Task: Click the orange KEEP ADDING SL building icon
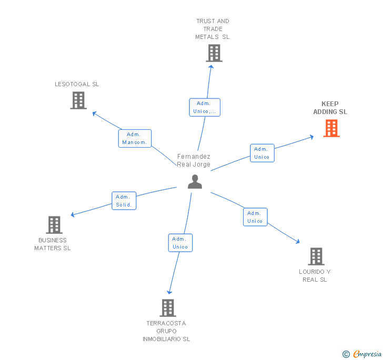[x=331, y=128]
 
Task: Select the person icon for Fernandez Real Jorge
[x=195, y=181]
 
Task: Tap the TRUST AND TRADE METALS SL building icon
[x=214, y=53]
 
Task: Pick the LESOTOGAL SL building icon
[x=78, y=100]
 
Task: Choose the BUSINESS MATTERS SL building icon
[x=54, y=225]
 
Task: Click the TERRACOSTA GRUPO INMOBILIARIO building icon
[x=167, y=308]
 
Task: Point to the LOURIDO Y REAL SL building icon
[x=316, y=256]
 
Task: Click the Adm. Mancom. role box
[x=135, y=138]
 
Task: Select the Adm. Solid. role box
[x=124, y=201]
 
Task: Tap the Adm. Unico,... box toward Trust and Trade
[x=205, y=107]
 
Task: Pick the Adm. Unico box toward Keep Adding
[x=262, y=153]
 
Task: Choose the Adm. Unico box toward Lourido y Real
[x=255, y=217]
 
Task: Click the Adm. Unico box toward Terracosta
[x=180, y=243]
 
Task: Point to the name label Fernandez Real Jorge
[x=194, y=160]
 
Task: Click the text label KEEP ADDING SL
[x=330, y=108]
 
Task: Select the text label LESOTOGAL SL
[x=77, y=84]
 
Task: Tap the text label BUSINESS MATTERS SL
[x=53, y=244]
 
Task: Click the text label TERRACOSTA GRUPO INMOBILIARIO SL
[x=166, y=331]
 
